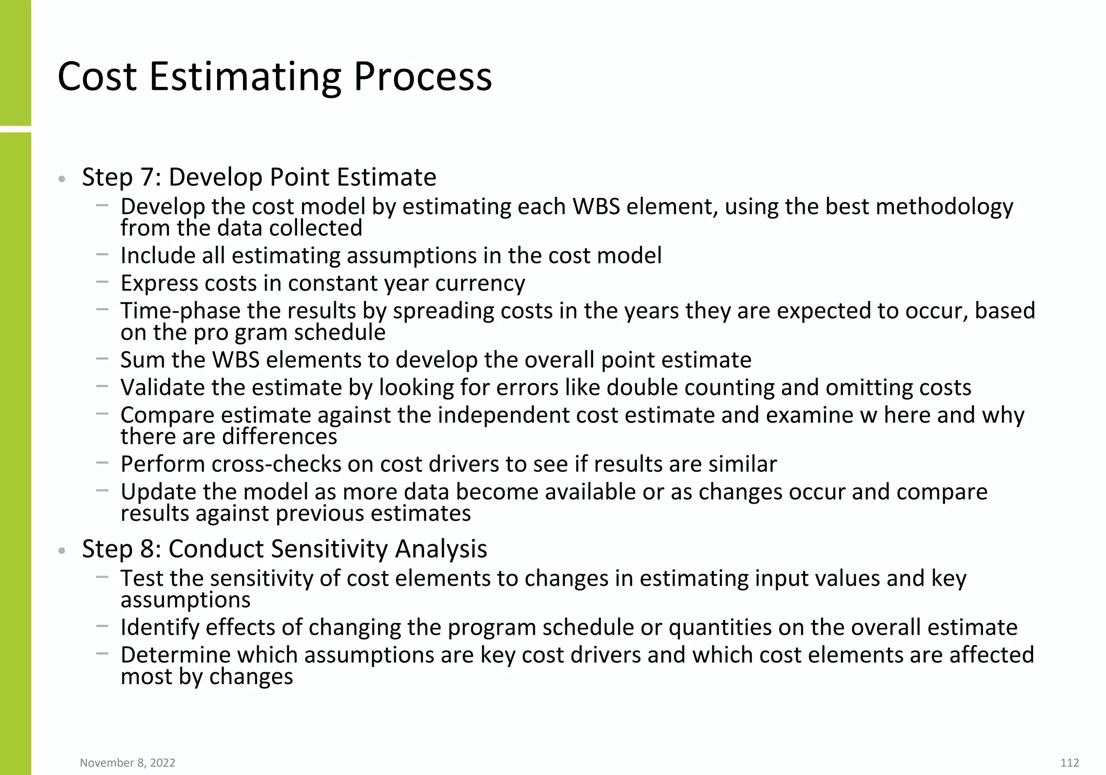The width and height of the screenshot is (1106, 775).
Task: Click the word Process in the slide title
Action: (x=422, y=77)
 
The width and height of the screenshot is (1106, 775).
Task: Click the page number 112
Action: (x=1069, y=763)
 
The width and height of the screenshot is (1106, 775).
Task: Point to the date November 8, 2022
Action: (x=127, y=763)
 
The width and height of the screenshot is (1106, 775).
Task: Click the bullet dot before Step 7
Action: (x=62, y=179)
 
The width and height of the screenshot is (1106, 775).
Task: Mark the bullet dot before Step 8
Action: (x=62, y=551)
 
